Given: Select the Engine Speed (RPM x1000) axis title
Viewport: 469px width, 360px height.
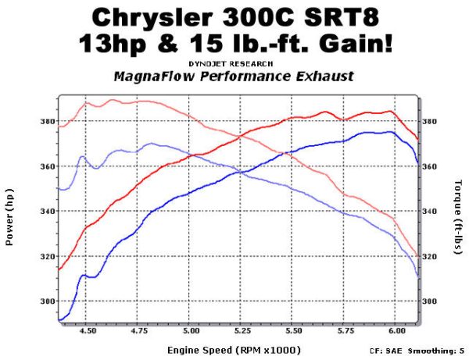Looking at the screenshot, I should pos(235,350).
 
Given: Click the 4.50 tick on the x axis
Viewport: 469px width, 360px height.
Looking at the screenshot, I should pos(88,331).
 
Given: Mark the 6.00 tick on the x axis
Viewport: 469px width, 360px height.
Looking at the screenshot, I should pos(396,331).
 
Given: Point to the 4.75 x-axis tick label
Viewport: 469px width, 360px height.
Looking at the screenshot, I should pos(139,331).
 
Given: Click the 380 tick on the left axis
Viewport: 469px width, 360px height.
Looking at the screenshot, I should pos(45,121).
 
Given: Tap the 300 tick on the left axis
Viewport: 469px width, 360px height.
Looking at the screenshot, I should pos(45,301).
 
